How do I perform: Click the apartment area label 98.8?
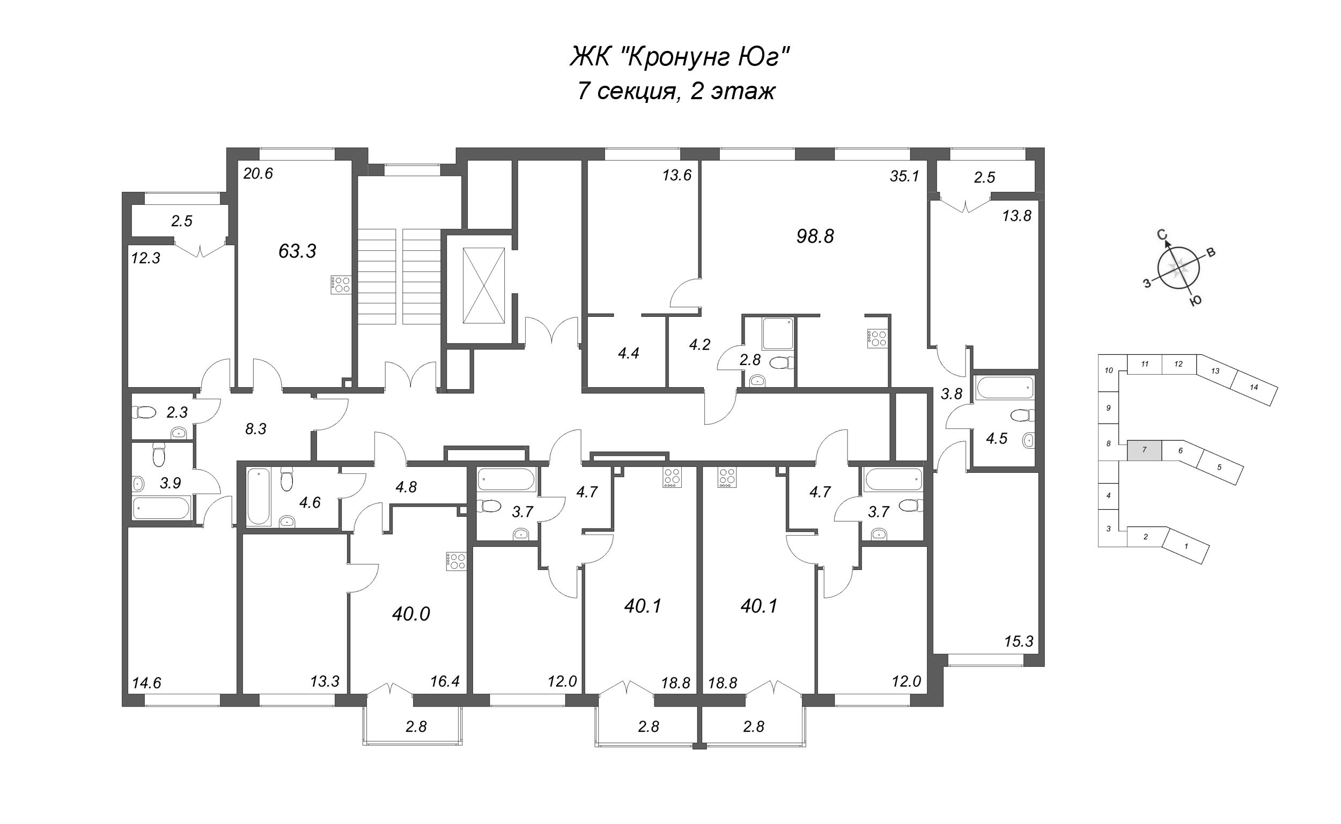(x=815, y=236)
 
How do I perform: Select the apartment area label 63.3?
(x=297, y=251)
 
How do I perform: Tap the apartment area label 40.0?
(x=411, y=614)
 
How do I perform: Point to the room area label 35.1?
(x=904, y=176)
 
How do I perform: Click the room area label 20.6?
(x=258, y=174)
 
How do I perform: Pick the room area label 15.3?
(x=1019, y=641)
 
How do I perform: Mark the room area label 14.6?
(x=146, y=683)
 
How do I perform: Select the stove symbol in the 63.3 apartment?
(x=340, y=285)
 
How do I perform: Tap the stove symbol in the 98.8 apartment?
(x=877, y=338)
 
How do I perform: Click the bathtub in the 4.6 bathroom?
(x=259, y=496)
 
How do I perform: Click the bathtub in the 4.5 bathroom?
(x=1004, y=388)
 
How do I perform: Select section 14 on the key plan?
(x=1254, y=388)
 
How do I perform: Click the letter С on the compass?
(x=1162, y=235)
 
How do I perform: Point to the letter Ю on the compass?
(x=1196, y=300)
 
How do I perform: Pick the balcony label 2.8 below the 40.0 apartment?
(x=416, y=726)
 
